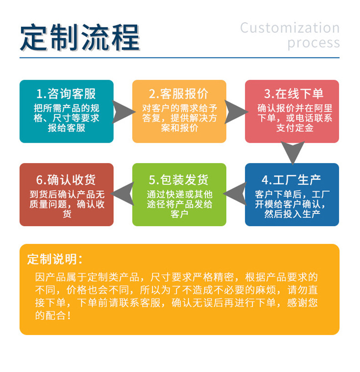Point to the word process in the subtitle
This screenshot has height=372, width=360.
tap(314, 43)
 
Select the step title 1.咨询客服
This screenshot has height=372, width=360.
tap(66, 94)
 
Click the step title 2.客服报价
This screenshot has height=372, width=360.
tap(179, 94)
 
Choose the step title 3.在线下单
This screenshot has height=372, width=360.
tap(292, 94)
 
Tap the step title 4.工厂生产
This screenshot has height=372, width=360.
tap(292, 178)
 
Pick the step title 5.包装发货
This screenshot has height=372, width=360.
tap(179, 178)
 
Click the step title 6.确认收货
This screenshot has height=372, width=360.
tap(66, 178)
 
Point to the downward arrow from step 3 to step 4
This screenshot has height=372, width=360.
tap(292, 151)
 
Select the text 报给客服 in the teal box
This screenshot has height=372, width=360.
tap(66, 128)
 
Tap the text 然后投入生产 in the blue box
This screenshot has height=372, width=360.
tap(292, 213)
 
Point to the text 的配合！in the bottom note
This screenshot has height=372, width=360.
tap(53, 315)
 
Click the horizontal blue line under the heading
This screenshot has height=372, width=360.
tap(180, 58)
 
